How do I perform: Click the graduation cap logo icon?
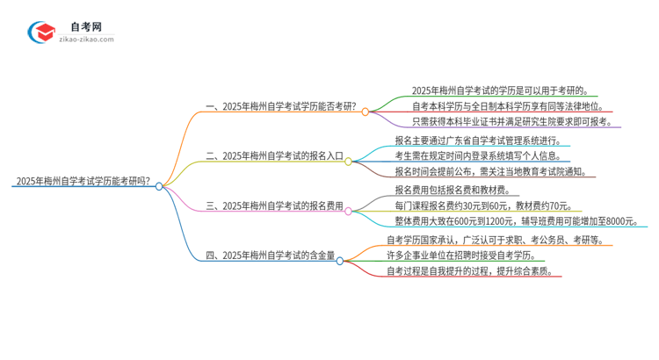tap(42, 32)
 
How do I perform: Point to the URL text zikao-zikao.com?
tap(85, 40)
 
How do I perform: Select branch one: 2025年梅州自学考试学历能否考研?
tap(280, 106)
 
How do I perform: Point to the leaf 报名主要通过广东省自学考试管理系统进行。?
tap(483, 140)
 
